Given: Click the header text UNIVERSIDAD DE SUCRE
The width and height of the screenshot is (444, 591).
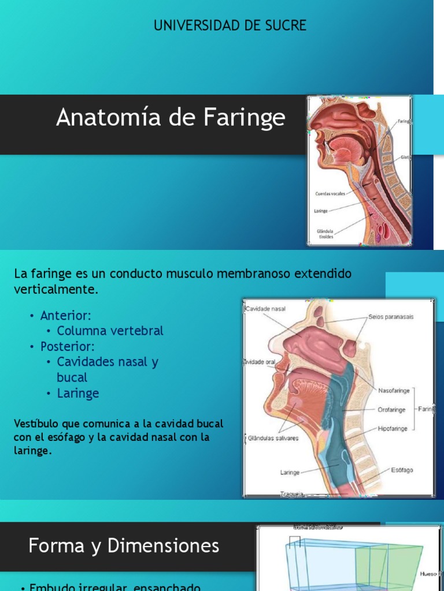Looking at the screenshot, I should point(230,25).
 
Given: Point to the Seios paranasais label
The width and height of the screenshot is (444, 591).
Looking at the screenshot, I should point(391,317).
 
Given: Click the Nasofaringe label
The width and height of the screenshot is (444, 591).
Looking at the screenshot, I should point(394,391).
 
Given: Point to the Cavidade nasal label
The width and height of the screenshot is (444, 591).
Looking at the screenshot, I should point(266,309).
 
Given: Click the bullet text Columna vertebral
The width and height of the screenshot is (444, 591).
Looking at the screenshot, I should point(110,331).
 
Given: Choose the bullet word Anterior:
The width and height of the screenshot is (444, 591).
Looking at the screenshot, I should point(66,315).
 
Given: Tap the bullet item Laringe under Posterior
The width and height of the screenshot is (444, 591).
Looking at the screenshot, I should point(78,393).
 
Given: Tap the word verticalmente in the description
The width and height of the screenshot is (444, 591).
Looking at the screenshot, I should point(56,289).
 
